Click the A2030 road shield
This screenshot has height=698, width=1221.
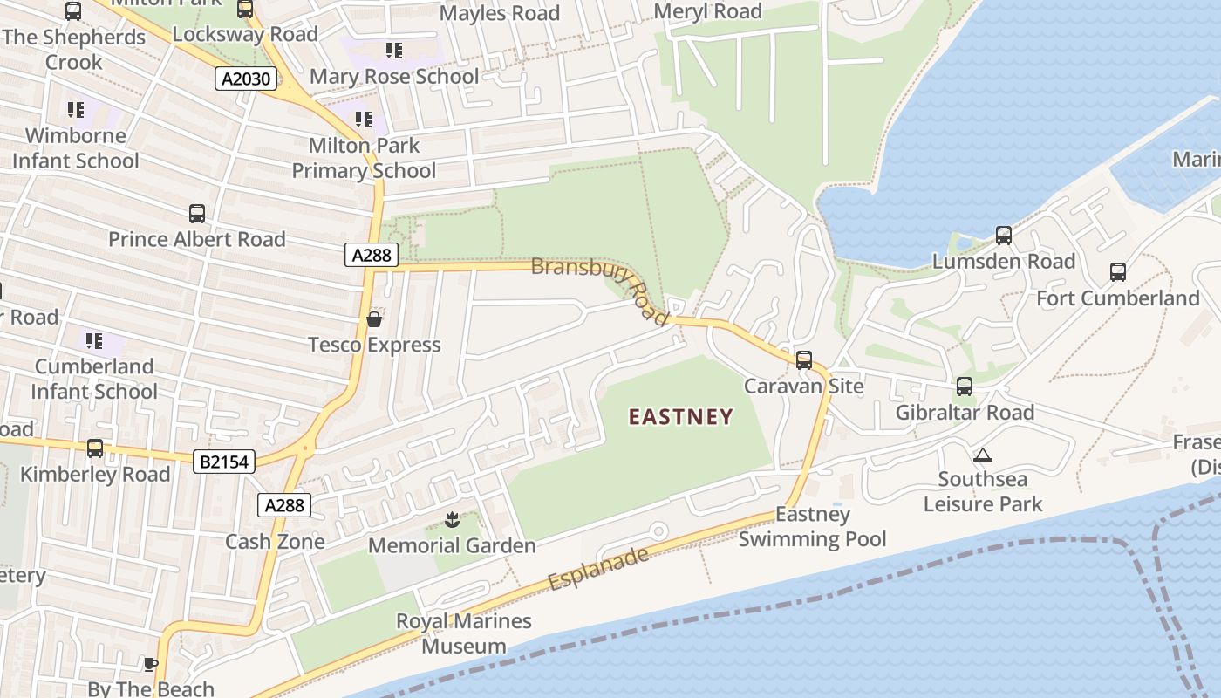246,79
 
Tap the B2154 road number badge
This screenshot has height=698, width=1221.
224,462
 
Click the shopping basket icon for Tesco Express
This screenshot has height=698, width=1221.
374,319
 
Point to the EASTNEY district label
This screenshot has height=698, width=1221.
681,417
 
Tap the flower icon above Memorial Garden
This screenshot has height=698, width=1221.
451,521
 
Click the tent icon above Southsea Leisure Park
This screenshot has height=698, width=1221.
983,455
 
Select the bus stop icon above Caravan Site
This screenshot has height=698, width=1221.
804,359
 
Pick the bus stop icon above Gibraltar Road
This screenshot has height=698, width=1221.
965,386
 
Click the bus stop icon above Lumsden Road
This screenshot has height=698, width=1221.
1004,236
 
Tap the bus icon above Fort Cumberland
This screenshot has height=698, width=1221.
1118,272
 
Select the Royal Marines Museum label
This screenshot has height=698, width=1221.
464,633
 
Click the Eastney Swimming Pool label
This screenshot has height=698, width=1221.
812,527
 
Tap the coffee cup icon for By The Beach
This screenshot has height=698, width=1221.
151,664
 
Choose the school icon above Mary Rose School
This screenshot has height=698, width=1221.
394,51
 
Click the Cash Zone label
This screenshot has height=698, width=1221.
275,542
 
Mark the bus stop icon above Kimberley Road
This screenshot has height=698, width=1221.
95,448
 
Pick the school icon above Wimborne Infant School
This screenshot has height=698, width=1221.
76,110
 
